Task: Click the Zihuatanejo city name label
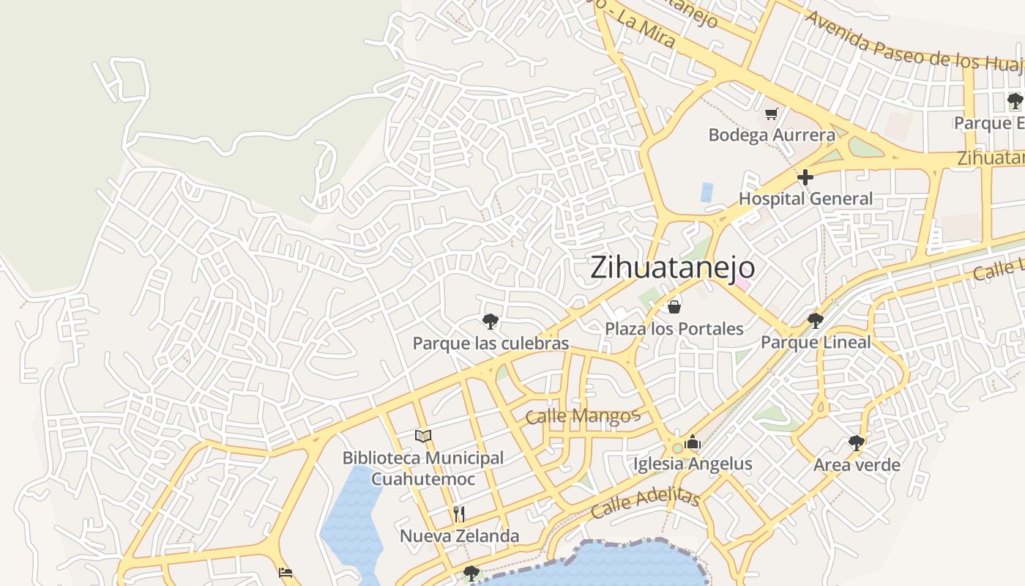click(672, 267)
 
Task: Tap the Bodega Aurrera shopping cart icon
click(771, 114)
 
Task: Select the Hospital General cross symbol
click(805, 177)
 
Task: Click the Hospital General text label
click(805, 199)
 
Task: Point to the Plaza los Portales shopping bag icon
click(674, 306)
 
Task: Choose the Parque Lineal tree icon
click(816, 320)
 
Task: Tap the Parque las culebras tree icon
click(491, 321)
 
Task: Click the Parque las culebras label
click(491, 344)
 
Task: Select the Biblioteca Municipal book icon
click(423, 437)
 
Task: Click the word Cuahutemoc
click(423, 480)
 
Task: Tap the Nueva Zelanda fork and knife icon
click(459, 513)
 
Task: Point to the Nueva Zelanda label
click(459, 536)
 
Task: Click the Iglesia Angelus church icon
click(693, 442)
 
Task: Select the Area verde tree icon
click(857, 442)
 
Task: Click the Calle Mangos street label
click(583, 417)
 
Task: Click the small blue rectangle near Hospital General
click(707, 192)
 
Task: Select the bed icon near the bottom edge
click(286, 573)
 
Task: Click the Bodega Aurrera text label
click(772, 136)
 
